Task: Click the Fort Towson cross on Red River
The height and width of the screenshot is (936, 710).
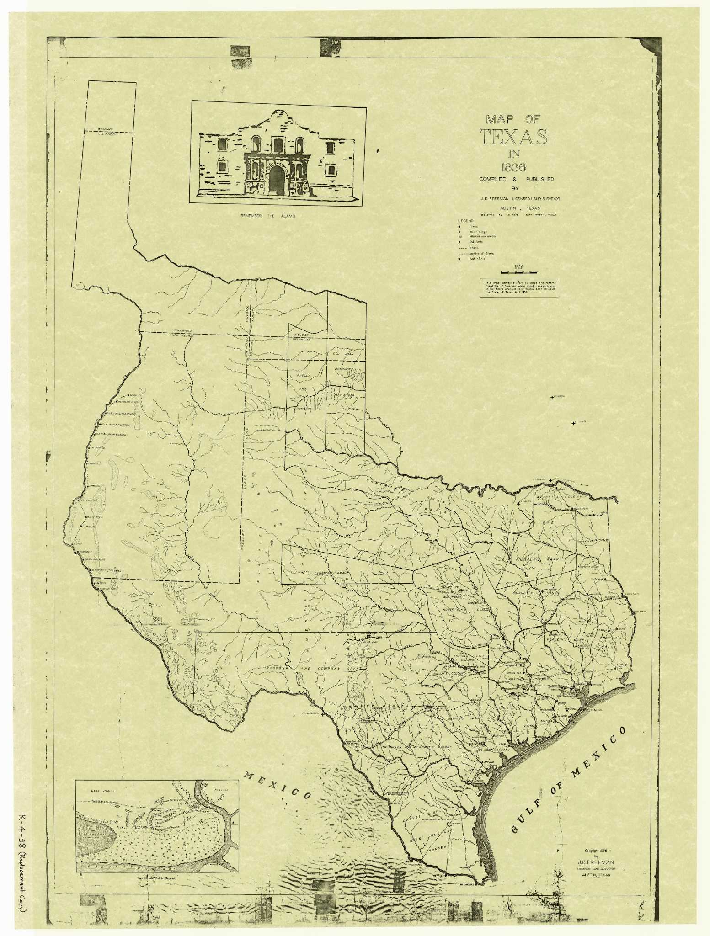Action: tap(552, 481)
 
